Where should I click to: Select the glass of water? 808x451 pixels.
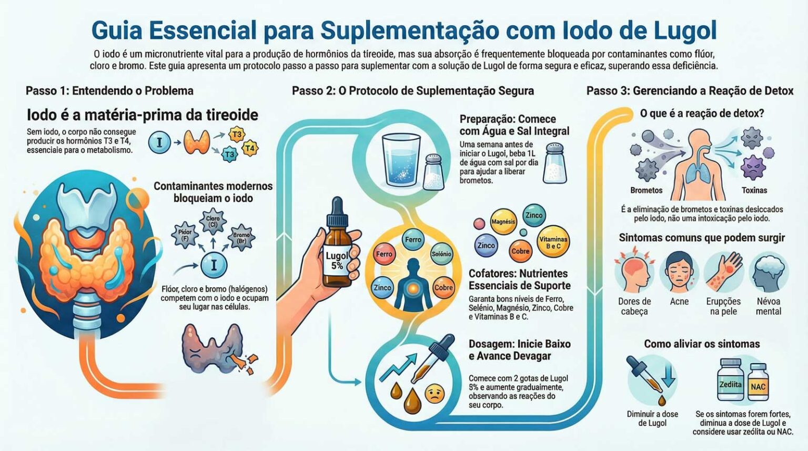401,159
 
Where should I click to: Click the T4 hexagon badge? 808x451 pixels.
250,148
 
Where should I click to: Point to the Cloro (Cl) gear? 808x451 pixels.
213,221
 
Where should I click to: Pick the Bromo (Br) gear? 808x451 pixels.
241,237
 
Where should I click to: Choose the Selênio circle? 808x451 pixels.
441,254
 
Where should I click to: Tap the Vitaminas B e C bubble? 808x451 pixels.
553,242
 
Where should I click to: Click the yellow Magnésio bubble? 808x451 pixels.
503,222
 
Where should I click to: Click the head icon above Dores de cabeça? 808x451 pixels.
634,270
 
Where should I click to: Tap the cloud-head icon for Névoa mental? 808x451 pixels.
769,272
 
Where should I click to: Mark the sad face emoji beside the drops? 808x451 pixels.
435,394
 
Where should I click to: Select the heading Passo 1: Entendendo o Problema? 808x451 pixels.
109,91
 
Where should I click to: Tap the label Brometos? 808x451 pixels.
647,190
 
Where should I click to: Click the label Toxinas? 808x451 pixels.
754,190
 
